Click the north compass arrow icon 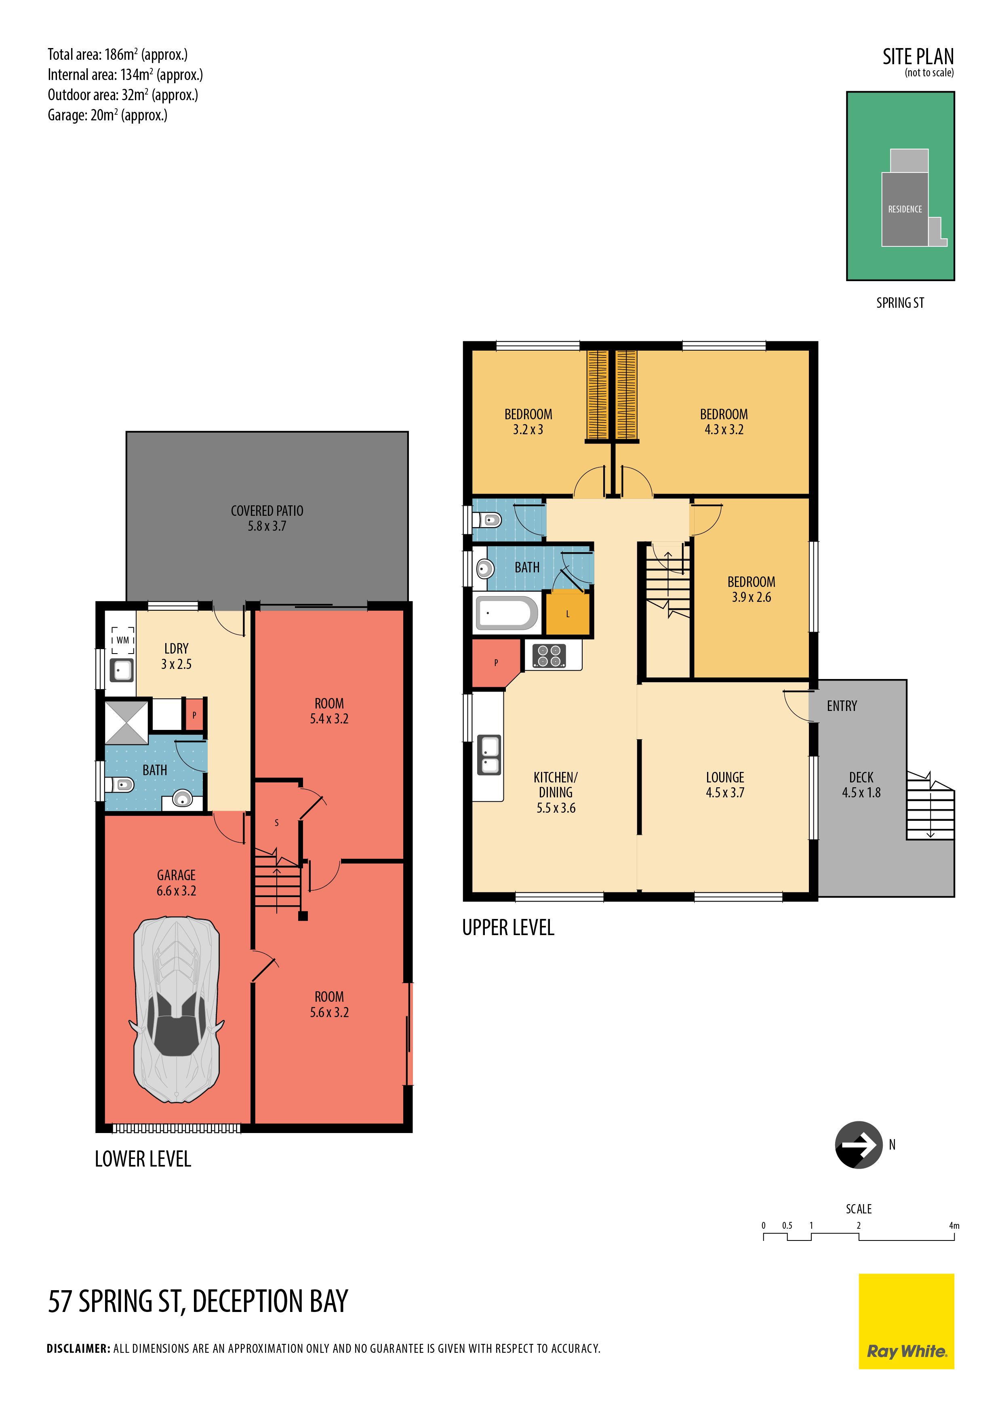(859, 1145)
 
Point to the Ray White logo (906, 1321)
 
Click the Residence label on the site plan (905, 209)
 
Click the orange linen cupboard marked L (567, 614)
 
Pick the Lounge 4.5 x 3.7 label (725, 785)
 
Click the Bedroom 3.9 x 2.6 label (751, 589)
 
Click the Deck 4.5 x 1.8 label (861, 785)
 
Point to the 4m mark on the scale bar (954, 1226)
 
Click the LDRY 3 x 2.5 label (177, 656)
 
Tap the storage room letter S (277, 823)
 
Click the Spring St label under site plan (900, 303)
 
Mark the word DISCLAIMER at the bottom (78, 1348)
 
